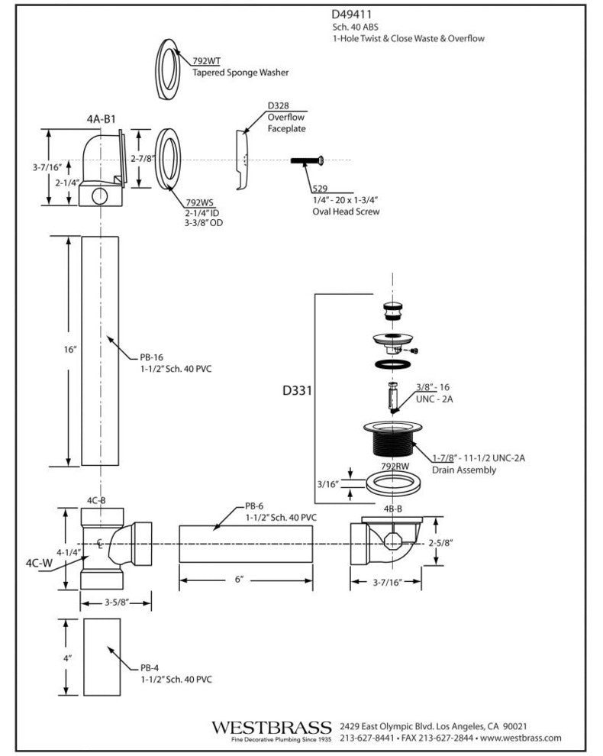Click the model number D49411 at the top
352,14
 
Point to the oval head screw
308,160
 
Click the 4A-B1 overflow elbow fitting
101,170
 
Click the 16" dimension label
71,349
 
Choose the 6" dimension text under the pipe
238,580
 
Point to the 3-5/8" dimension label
116,603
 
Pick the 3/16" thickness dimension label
328,483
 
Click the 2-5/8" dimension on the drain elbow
442,543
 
